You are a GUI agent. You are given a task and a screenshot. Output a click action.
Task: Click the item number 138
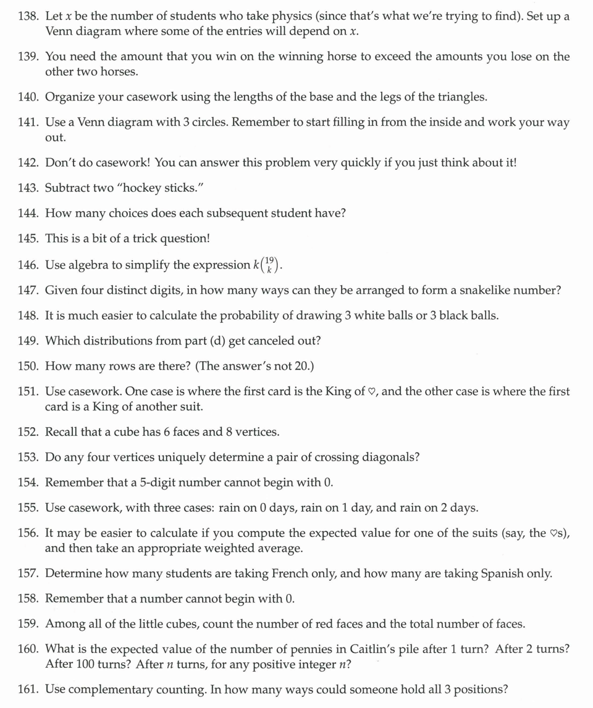[29, 17]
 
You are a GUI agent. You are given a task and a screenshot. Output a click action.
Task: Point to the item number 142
[29, 162]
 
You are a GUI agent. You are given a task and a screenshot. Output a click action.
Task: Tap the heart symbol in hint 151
[371, 392]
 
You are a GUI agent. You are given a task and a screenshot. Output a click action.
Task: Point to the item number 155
[29, 508]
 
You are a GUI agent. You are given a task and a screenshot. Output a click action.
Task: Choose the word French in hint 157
[290, 573]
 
